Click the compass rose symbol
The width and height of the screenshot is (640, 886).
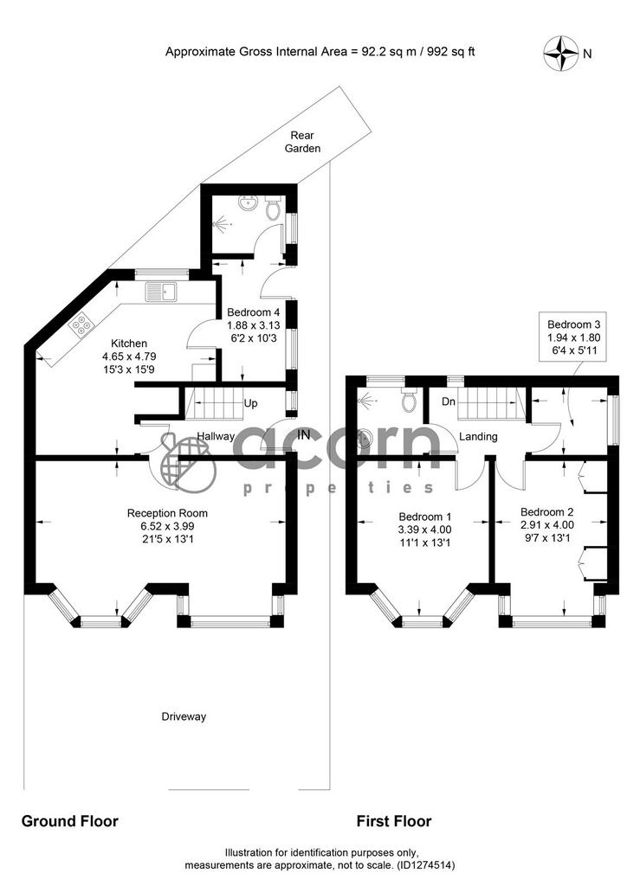[x=560, y=54]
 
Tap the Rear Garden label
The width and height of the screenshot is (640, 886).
[x=302, y=142]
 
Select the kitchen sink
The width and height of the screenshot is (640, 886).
[x=161, y=292]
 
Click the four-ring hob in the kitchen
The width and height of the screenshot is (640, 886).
[x=81, y=325]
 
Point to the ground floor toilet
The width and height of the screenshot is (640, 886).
[x=273, y=208]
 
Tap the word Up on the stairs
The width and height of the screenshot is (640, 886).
[x=250, y=403]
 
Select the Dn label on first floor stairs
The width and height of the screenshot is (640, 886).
[x=449, y=401]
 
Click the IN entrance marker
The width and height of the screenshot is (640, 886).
[x=304, y=434]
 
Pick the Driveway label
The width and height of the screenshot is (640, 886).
[x=184, y=716]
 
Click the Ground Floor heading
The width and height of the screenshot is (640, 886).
[x=69, y=821]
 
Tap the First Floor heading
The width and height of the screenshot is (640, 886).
[x=394, y=821]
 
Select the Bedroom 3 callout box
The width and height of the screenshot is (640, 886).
[x=573, y=337]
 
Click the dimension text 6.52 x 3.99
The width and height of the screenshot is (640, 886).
[x=167, y=526]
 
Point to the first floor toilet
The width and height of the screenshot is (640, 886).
[x=408, y=399]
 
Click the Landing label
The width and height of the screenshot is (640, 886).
[x=478, y=436]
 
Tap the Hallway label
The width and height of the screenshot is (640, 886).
[x=216, y=436]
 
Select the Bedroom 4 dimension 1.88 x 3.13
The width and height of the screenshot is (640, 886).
[x=253, y=325]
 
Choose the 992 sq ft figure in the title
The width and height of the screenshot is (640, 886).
[x=450, y=52]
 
